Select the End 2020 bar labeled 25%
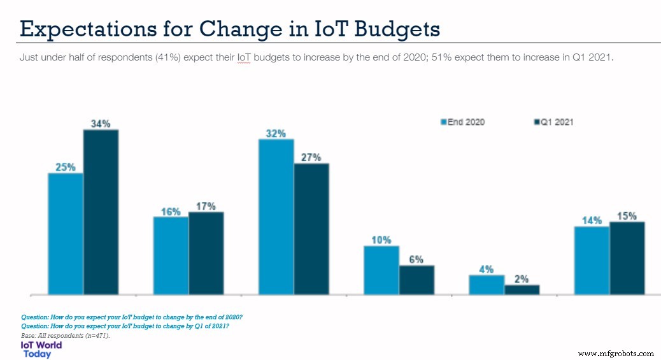(66, 233)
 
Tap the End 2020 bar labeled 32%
(276, 217)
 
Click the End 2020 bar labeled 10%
(381, 270)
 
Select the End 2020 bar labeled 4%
(487, 284)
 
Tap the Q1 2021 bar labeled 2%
(522, 289)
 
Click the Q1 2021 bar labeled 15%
(627, 258)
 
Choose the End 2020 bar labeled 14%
(592, 260)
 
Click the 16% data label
(171, 211)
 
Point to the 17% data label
(206, 206)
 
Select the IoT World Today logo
(41, 349)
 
